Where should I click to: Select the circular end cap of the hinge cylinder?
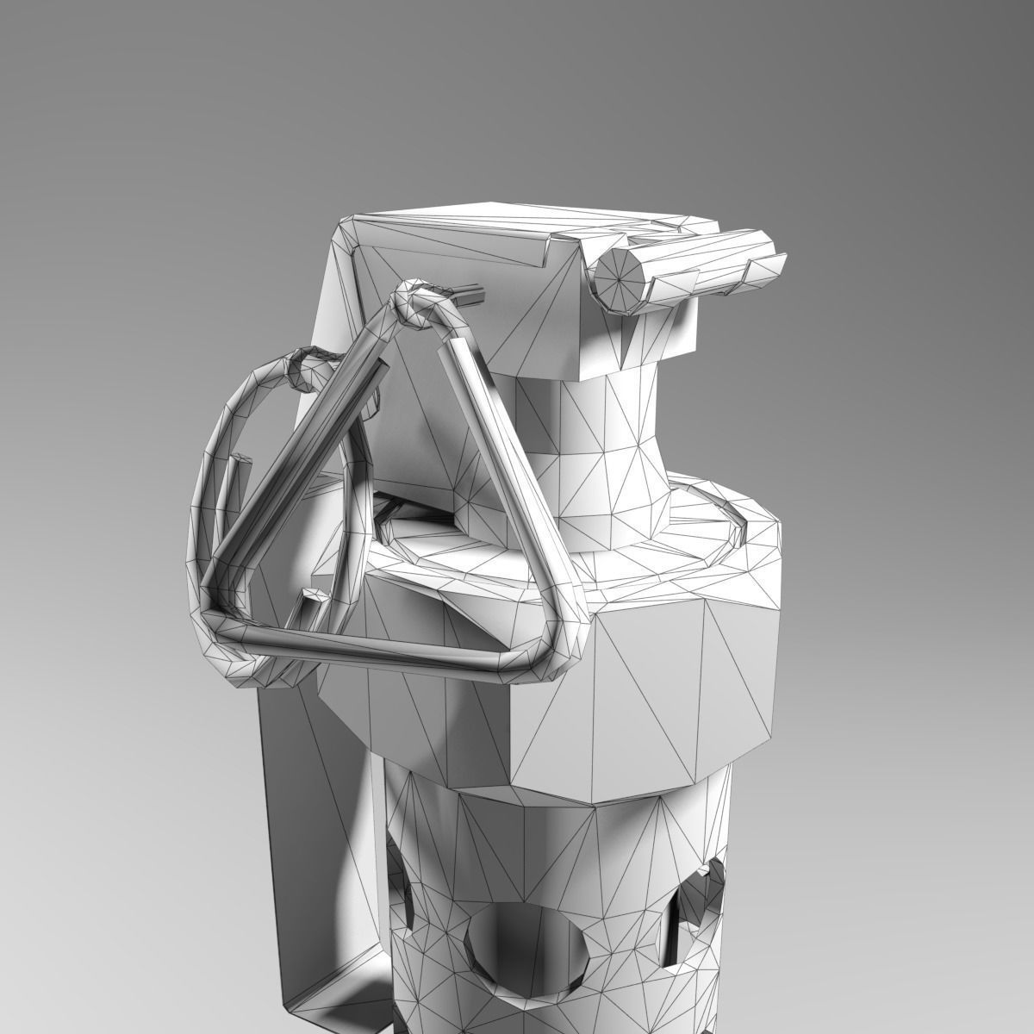tap(620, 279)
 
